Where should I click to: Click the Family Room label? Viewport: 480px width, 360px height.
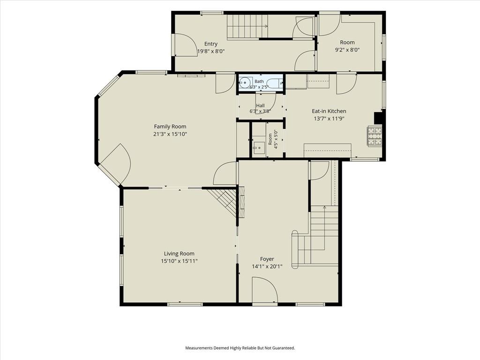tap(170, 127)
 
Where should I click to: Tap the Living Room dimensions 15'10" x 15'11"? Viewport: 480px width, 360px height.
tap(179, 261)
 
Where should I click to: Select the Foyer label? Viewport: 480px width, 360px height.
tap(267, 259)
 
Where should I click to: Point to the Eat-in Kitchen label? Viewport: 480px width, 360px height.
tap(329, 111)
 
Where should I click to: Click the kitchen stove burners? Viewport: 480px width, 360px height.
tap(375, 135)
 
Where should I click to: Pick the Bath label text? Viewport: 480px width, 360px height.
tap(259, 82)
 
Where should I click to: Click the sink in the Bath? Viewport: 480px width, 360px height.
tap(245, 82)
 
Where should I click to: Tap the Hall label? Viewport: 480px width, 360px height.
tap(260, 105)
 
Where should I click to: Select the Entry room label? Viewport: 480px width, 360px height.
tap(211, 44)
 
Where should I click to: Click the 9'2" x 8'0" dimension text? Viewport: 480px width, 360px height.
tap(347, 50)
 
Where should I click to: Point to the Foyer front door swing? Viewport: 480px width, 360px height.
tap(265, 290)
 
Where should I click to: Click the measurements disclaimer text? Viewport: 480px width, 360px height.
tap(240, 348)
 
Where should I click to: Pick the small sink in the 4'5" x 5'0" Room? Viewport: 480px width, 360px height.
tap(259, 148)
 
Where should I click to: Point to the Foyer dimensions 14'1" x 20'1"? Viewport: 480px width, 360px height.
tap(267, 267)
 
